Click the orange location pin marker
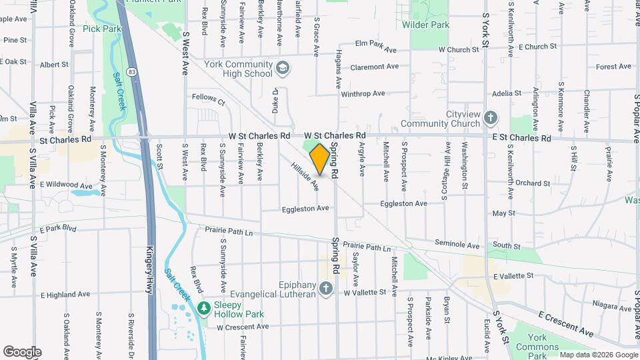[319, 159]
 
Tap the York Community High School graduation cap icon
[283, 69]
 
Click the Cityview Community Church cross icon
[491, 118]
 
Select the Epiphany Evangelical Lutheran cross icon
[325, 288]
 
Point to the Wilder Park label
[425, 25]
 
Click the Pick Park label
[103, 29]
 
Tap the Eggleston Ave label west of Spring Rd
[305, 209]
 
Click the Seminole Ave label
[457, 245]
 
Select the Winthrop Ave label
[363, 94]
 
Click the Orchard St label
[532, 183]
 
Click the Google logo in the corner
[22, 352]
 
